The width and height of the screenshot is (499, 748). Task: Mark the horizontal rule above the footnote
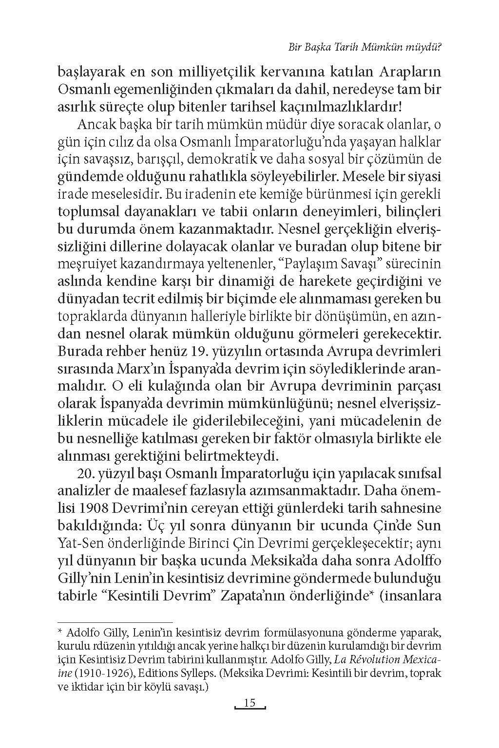click(115, 622)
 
